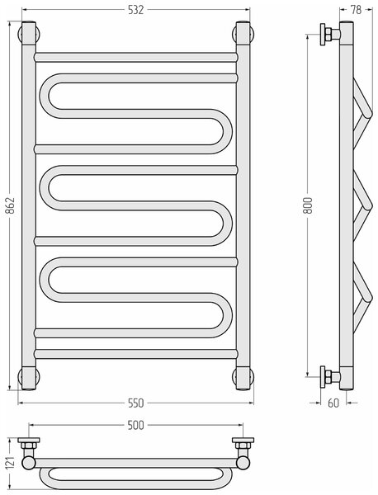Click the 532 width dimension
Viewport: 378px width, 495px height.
[x=136, y=10]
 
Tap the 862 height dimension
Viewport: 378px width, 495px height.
[x=11, y=205]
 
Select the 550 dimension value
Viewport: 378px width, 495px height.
[x=136, y=403]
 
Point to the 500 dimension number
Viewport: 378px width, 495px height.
[x=136, y=425]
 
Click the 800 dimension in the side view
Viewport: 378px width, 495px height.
[x=308, y=205]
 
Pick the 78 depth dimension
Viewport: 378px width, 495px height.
[x=356, y=10]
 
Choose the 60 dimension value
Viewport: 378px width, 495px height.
[x=333, y=403]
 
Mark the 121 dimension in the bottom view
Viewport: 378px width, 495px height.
[x=11, y=464]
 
